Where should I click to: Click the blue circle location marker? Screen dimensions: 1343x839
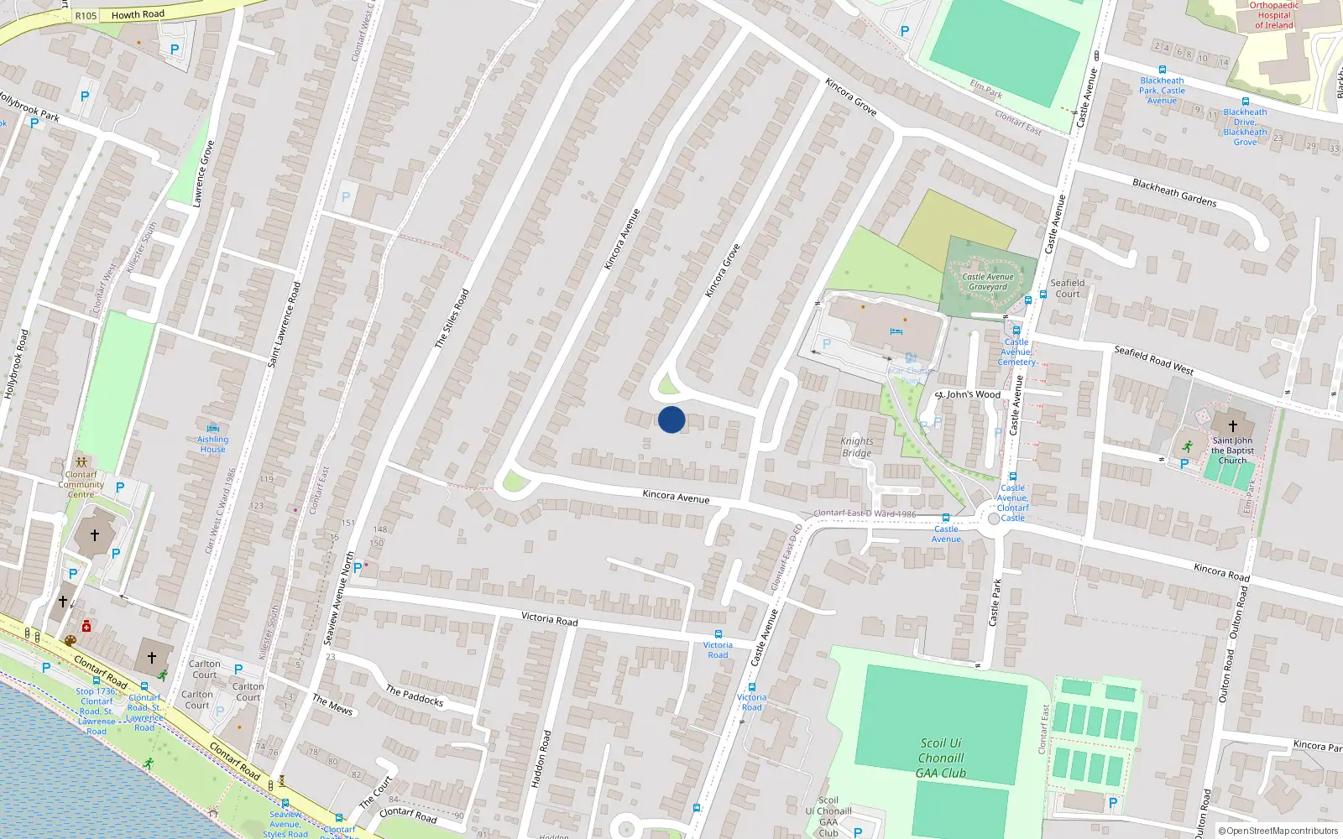pyautogui.click(x=671, y=419)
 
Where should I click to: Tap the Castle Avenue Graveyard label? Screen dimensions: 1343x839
pyautogui.click(x=988, y=282)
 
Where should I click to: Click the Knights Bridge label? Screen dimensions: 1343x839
pyautogui.click(x=857, y=447)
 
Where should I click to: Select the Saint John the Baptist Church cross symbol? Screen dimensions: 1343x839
pyautogui.click(x=1232, y=425)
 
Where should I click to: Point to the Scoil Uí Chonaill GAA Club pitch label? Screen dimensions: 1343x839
pyautogui.click(x=941, y=758)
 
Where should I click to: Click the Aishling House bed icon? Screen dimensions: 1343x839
pyautogui.click(x=212, y=428)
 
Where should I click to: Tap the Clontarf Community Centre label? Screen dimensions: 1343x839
pyautogui.click(x=81, y=484)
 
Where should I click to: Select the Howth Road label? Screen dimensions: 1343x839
pyautogui.click(x=138, y=14)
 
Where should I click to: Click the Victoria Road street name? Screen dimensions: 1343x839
pyautogui.click(x=549, y=619)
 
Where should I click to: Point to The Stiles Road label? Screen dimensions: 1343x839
pyautogui.click(x=452, y=319)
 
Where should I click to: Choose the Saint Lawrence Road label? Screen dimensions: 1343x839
pyautogui.click(x=284, y=325)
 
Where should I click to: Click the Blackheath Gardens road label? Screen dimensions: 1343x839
pyautogui.click(x=1174, y=193)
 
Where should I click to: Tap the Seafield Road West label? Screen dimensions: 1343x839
pyautogui.click(x=1153, y=360)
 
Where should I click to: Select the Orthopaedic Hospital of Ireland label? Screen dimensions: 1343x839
pyautogui.click(x=1274, y=15)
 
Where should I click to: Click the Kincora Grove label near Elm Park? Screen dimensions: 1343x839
pyautogui.click(x=851, y=97)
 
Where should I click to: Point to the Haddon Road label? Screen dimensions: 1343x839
pyautogui.click(x=541, y=758)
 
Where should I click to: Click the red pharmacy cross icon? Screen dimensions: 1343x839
pyautogui.click(x=86, y=627)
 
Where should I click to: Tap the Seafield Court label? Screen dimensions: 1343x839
pyautogui.click(x=1068, y=289)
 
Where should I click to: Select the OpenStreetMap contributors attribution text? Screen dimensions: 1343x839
pyautogui.click(x=1282, y=831)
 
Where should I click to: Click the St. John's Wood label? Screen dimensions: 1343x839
pyautogui.click(x=968, y=394)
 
